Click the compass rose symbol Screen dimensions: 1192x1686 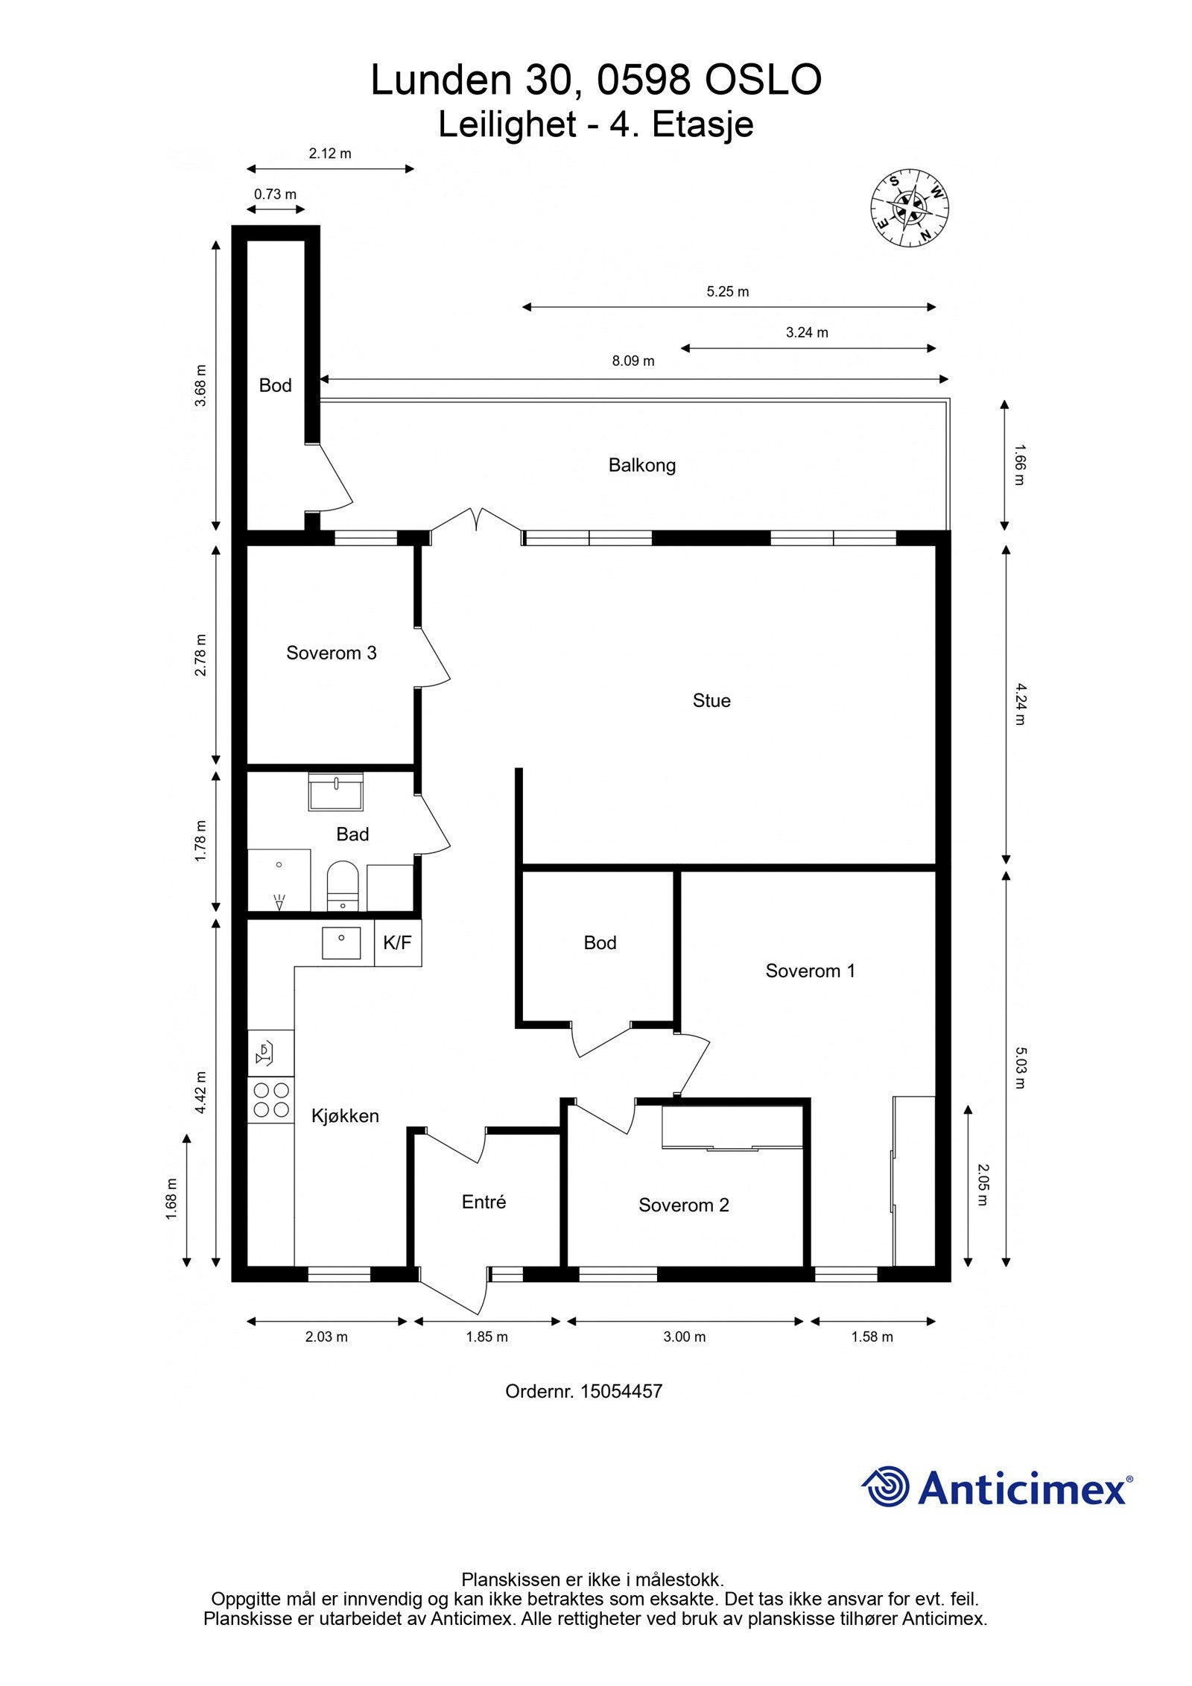tap(910, 209)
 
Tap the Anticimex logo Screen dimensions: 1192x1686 tap(997, 1487)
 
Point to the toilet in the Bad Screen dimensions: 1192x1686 tap(343, 886)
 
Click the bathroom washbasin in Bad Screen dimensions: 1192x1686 tap(336, 792)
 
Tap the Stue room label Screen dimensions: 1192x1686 tap(711, 701)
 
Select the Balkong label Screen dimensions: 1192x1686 tap(642, 466)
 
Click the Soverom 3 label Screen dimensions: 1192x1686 tap(332, 653)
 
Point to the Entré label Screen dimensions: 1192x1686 tap(484, 1202)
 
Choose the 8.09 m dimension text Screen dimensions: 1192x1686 tap(633, 361)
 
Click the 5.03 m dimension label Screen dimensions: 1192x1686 tap(1020, 1068)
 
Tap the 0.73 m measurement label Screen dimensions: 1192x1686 tap(275, 194)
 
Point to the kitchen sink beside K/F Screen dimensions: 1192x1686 tap(341, 943)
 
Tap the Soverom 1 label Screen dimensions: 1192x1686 tap(811, 972)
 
